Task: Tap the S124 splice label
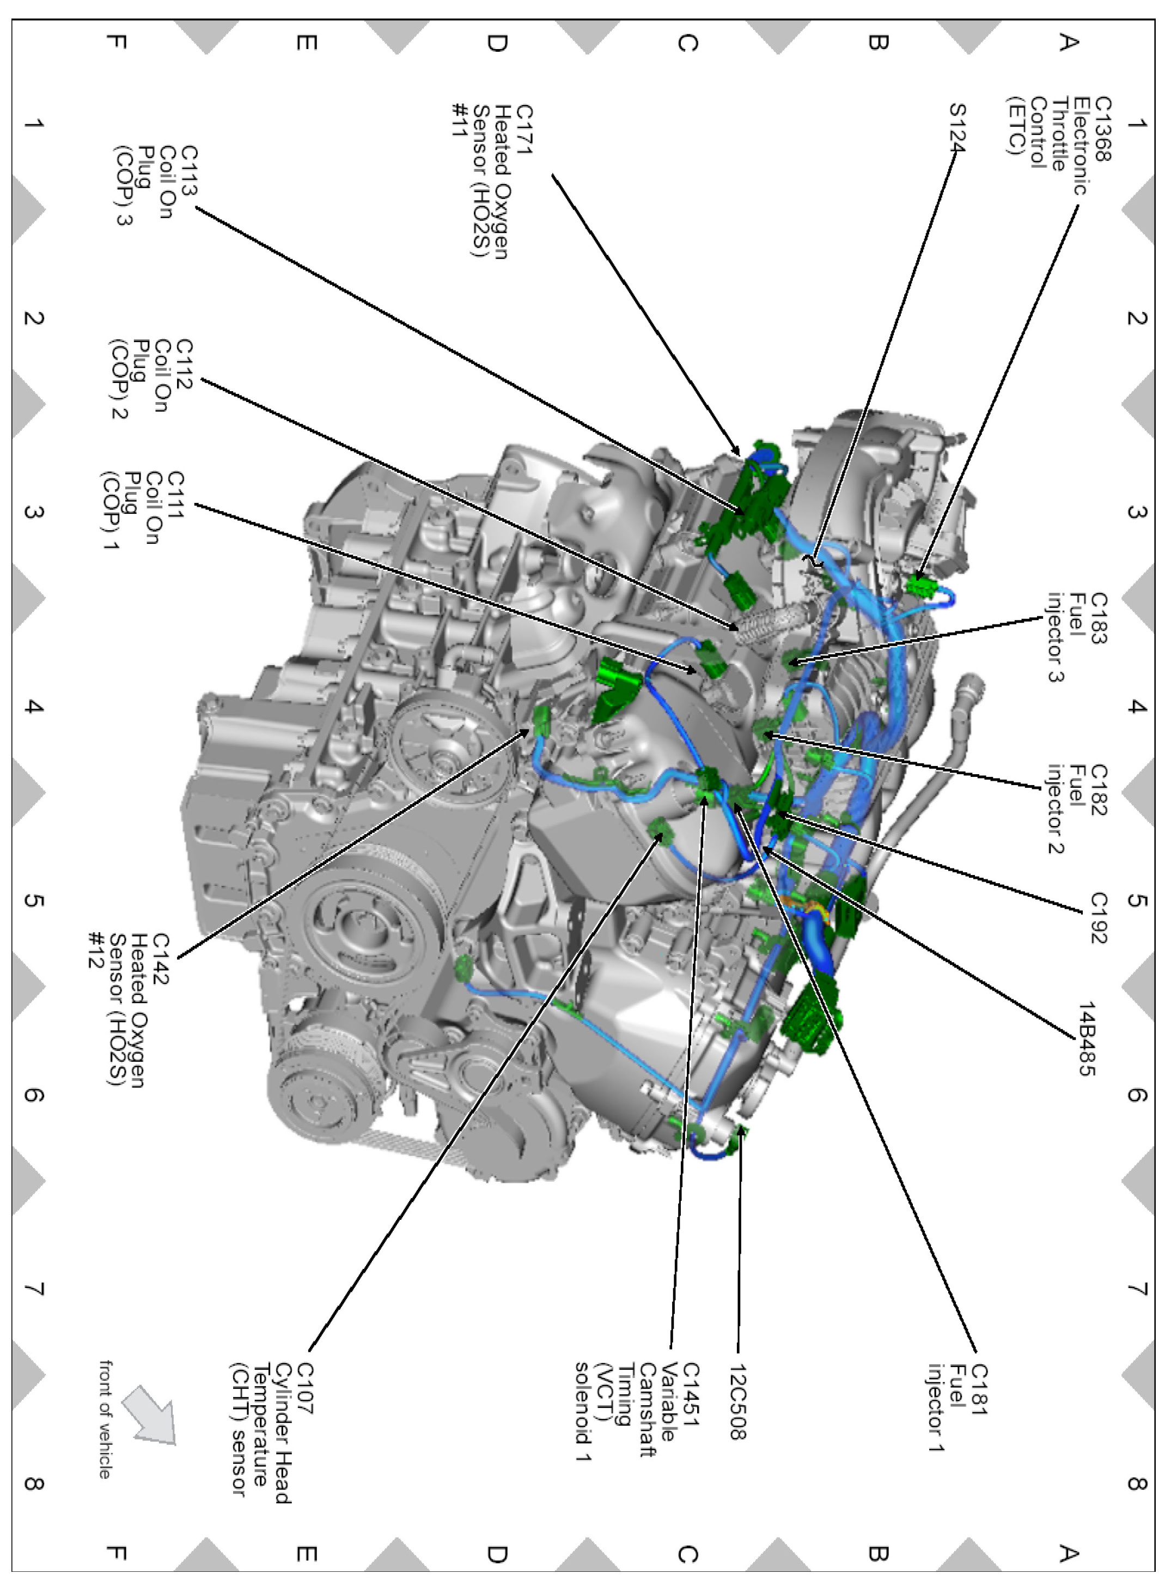point(957,127)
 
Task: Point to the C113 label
point(189,170)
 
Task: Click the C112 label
point(184,364)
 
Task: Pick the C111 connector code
point(174,495)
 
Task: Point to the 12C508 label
point(738,1402)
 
